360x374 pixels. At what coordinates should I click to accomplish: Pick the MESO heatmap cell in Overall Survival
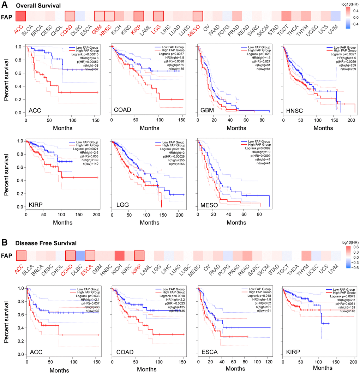(198, 17)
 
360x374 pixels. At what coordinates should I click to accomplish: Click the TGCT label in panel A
(285, 32)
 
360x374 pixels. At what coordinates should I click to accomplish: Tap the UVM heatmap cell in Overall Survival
(336, 17)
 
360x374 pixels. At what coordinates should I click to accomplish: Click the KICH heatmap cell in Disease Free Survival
(119, 255)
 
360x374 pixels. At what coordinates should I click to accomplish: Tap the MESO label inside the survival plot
(208, 203)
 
